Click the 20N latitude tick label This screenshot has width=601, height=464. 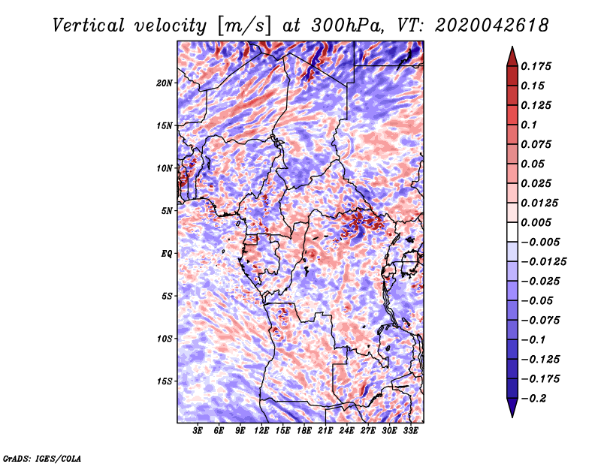point(165,83)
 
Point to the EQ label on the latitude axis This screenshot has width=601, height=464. point(166,253)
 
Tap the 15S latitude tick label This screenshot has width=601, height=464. point(165,381)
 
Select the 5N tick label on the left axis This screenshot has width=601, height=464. point(166,210)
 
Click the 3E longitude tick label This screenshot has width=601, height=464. point(198,432)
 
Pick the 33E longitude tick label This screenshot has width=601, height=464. point(410,432)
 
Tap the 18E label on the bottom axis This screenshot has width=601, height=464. point(304,432)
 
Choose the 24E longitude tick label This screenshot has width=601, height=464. point(346,432)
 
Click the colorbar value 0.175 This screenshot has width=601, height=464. point(538,66)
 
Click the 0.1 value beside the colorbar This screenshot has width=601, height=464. point(530,125)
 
